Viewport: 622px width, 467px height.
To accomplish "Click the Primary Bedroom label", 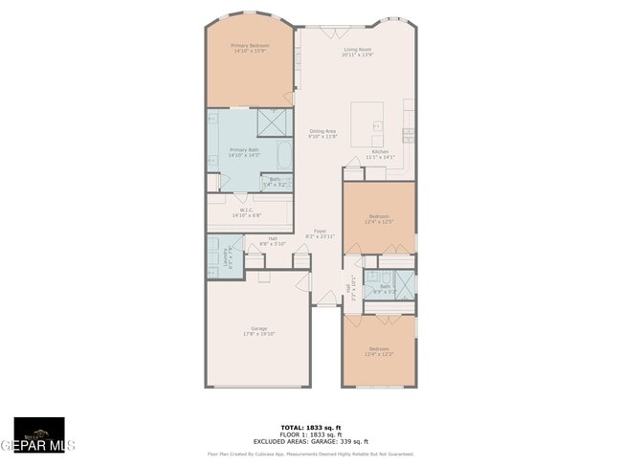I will pyautogui.click(x=250, y=47).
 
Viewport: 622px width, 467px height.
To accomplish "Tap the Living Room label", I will pyautogui.click(x=357, y=52).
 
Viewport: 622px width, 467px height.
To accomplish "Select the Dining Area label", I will pyautogui.click(x=322, y=133).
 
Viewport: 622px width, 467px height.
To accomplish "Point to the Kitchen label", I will pyautogui.click(x=380, y=154).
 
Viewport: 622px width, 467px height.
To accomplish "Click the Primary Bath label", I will pyautogui.click(x=245, y=151).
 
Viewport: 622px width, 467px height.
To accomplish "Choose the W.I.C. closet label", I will pyautogui.click(x=246, y=212).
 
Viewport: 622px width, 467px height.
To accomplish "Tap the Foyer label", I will pyautogui.click(x=321, y=233).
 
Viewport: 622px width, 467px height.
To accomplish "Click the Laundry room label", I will pyautogui.click(x=228, y=256).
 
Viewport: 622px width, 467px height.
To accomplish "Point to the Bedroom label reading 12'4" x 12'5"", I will pyautogui.click(x=378, y=219).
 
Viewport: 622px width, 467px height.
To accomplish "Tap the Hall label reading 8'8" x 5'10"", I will pyautogui.click(x=273, y=240).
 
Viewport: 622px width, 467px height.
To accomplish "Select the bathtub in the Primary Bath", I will pyautogui.click(x=284, y=154).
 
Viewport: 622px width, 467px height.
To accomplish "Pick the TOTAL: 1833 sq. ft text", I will pyautogui.click(x=311, y=427).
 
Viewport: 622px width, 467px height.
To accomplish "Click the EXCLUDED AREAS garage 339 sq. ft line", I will pyautogui.click(x=311, y=442).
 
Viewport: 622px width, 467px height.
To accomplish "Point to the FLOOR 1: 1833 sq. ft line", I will pyautogui.click(x=311, y=434).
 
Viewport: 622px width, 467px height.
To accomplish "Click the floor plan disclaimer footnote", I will pyautogui.click(x=311, y=454).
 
